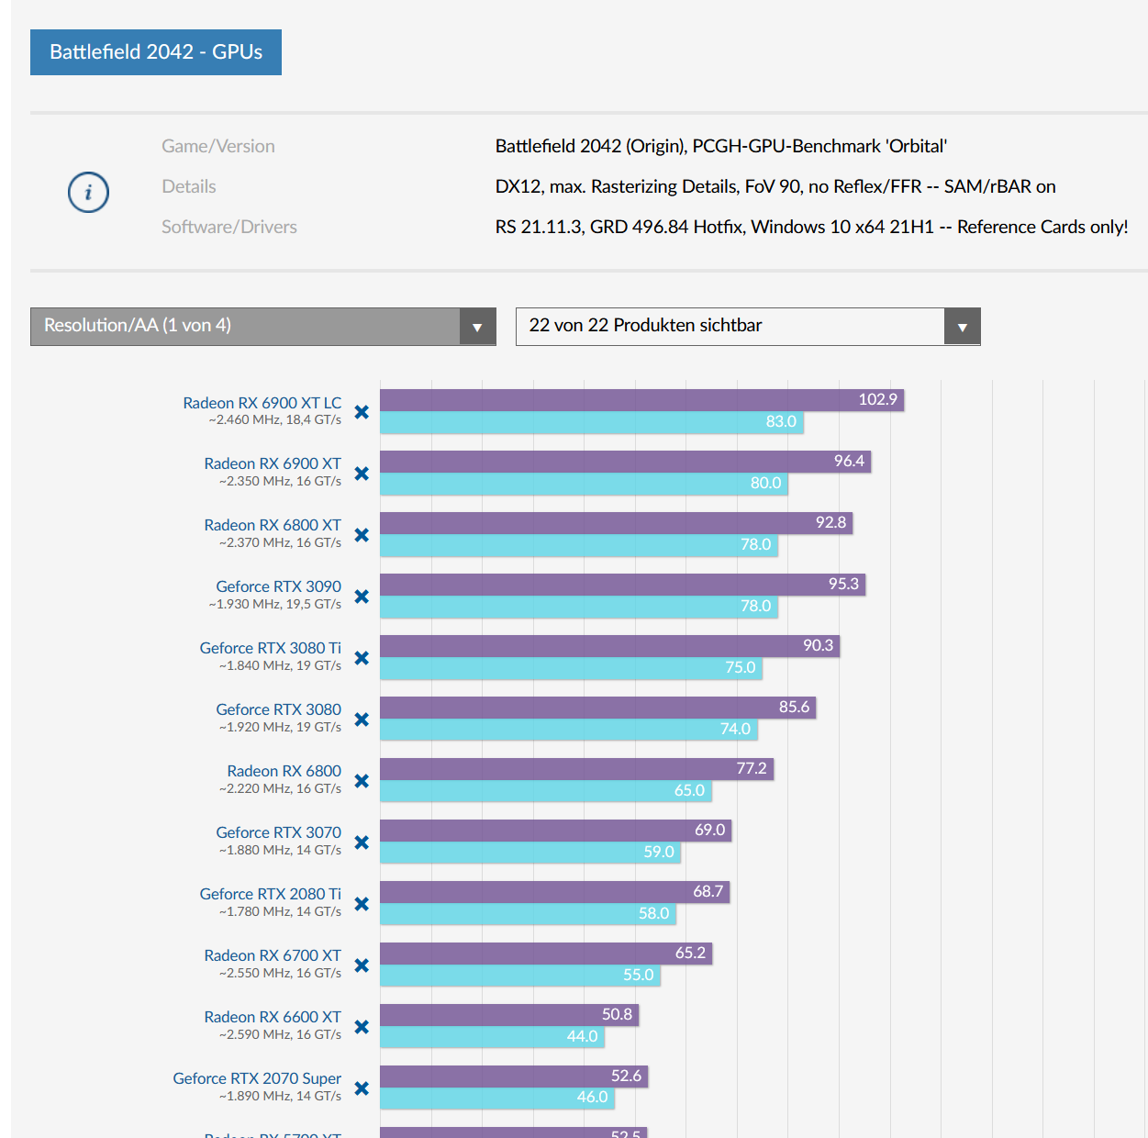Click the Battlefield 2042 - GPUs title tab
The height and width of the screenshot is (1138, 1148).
156,52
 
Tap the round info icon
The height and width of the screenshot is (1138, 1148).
88,193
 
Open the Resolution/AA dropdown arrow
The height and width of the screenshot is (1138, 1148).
477,327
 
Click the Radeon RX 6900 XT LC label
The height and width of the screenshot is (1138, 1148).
262,403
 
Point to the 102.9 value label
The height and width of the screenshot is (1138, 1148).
877,400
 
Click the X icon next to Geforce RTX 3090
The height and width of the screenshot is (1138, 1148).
362,597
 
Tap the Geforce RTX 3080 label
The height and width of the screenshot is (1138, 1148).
278,709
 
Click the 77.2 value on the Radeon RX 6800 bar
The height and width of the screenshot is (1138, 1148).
751,769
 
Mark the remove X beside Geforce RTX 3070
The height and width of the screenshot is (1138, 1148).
362,842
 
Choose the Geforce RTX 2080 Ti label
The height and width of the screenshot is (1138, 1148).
270,894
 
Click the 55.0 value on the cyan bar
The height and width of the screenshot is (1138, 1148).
638,975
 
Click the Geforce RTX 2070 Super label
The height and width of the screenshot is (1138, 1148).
257,1078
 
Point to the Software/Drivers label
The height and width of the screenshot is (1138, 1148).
229,227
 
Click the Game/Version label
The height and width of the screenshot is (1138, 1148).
218,146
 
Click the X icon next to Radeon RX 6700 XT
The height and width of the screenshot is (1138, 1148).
362,965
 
